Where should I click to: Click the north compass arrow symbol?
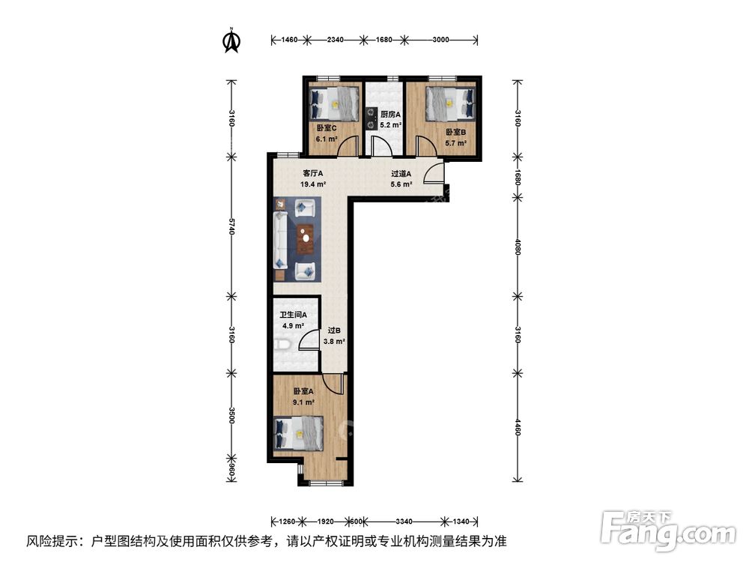pos(232,40)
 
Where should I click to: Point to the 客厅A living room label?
pos(291,173)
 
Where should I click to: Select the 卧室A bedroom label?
pos(303,391)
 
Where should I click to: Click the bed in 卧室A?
pos(299,433)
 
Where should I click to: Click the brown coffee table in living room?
pos(305,239)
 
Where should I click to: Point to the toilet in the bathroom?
pos(281,345)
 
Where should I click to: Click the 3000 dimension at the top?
pos(440,39)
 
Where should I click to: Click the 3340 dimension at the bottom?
pos(404,520)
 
